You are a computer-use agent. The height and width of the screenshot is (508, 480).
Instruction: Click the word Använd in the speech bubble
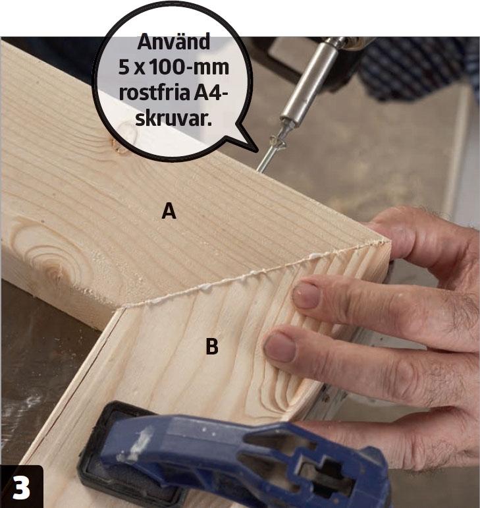174,42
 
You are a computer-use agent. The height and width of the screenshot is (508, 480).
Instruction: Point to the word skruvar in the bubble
173,119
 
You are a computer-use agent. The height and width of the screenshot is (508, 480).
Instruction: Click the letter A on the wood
169,211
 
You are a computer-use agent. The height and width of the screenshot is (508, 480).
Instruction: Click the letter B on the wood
211,346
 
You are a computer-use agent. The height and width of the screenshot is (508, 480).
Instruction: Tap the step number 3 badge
21,487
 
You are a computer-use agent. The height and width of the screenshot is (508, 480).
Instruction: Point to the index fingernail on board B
306,295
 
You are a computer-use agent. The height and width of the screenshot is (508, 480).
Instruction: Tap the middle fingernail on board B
280,349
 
